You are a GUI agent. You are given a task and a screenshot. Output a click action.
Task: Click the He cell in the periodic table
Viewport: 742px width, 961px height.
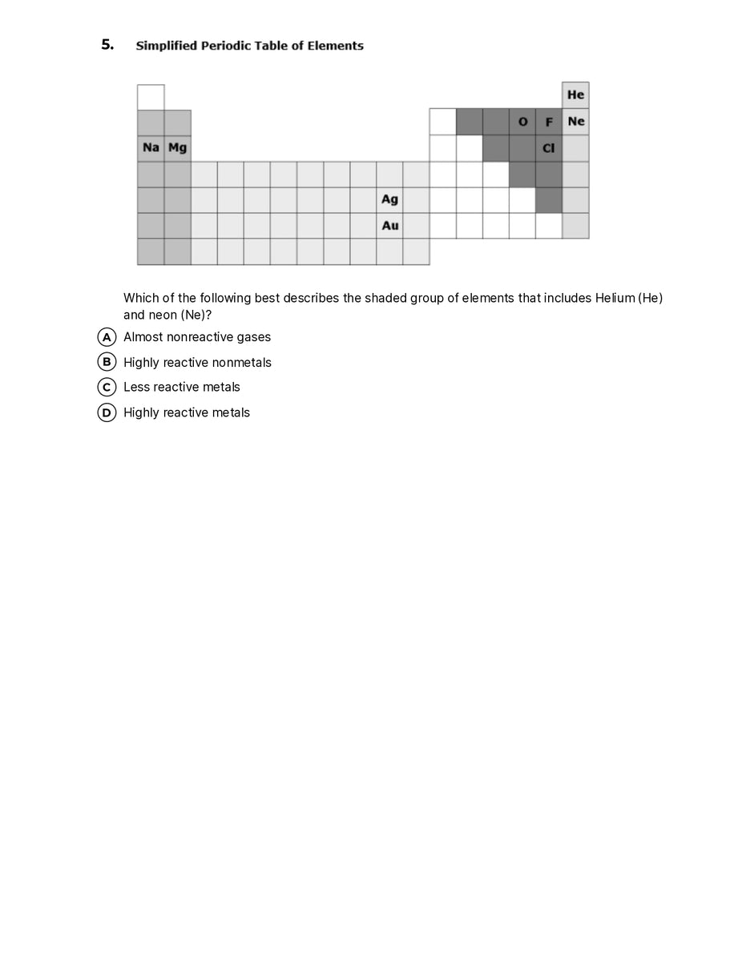pos(575,95)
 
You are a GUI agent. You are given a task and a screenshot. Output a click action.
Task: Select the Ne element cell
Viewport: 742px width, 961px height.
pos(575,122)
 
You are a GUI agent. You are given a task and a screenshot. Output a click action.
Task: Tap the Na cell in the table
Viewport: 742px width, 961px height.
pos(151,148)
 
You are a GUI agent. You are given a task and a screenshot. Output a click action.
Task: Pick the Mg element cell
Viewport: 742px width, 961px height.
pos(177,148)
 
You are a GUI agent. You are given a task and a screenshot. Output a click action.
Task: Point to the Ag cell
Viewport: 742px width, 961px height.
pos(389,199)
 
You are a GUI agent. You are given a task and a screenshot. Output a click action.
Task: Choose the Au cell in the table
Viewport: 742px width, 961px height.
pos(389,226)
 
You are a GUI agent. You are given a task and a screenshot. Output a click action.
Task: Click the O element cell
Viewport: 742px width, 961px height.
pos(522,122)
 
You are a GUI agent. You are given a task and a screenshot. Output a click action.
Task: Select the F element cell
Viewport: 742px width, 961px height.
pos(549,122)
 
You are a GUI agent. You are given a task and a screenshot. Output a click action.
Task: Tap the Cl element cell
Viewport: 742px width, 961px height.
pos(549,148)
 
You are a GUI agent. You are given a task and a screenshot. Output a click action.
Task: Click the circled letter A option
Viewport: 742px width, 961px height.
pos(106,337)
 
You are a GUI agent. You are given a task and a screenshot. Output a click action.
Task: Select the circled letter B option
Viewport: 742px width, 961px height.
pos(106,362)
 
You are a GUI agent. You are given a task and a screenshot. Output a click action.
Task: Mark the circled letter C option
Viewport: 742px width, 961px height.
pos(106,387)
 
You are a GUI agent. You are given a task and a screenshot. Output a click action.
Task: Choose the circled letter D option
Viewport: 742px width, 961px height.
pos(106,412)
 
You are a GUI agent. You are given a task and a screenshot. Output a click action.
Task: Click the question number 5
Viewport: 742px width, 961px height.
pos(107,45)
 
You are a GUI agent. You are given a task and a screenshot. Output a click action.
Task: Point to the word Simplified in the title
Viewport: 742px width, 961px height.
pos(163,46)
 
